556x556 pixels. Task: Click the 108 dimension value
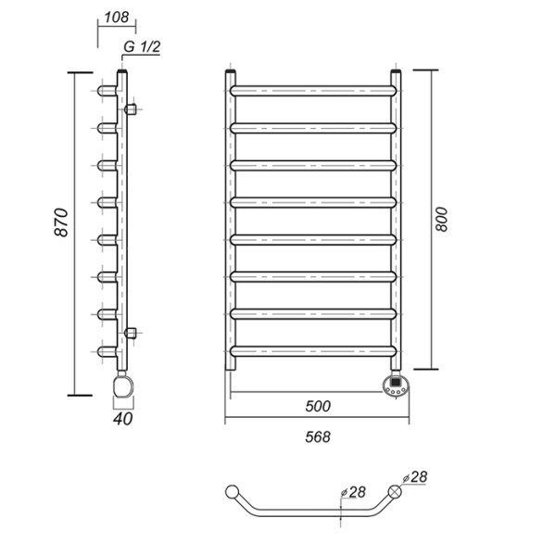pos(117,17)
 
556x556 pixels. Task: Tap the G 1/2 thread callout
pos(142,46)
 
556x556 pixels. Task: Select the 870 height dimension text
pos(61,222)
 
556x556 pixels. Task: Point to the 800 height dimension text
pos(441,220)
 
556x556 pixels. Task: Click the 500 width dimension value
pos(318,406)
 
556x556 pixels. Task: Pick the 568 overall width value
pos(318,436)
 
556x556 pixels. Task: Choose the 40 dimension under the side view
pos(122,419)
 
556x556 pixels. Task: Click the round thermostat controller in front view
pos(396,385)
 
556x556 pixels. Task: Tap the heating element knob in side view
pos(122,386)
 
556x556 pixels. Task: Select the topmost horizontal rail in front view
pos(313,91)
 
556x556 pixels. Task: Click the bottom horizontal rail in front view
pos(313,351)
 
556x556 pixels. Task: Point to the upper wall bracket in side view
pos(131,109)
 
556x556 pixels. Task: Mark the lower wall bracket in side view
pos(131,334)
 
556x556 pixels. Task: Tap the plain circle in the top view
pos(233,492)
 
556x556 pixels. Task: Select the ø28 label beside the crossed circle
pos(415,477)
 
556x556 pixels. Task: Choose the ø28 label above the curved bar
pos(353,492)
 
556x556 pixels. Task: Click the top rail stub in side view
pos(107,91)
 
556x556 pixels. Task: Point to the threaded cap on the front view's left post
pos(231,71)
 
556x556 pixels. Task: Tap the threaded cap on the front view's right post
pos(396,71)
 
